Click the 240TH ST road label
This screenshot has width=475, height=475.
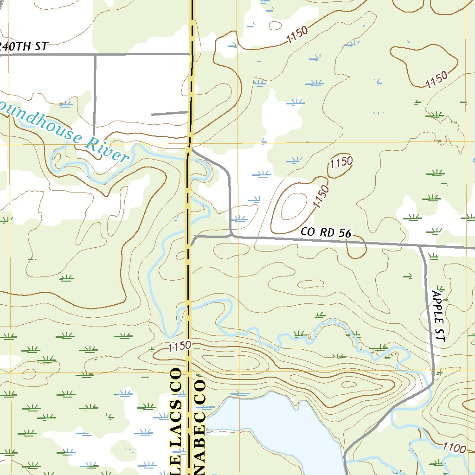(x=24, y=46)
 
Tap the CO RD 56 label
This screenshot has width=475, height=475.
(x=326, y=233)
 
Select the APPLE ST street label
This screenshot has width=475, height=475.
(x=438, y=316)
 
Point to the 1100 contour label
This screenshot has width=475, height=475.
(x=454, y=448)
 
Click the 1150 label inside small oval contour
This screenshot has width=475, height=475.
(x=341, y=163)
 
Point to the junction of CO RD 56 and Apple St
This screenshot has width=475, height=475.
(x=421, y=246)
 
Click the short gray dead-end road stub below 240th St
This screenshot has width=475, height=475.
(x=169, y=113)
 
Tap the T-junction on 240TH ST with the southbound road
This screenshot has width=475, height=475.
(x=96, y=55)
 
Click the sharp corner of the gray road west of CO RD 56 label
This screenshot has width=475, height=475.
(x=231, y=235)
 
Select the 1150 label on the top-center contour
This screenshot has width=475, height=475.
(x=297, y=36)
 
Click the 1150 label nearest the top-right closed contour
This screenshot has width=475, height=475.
(x=436, y=80)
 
